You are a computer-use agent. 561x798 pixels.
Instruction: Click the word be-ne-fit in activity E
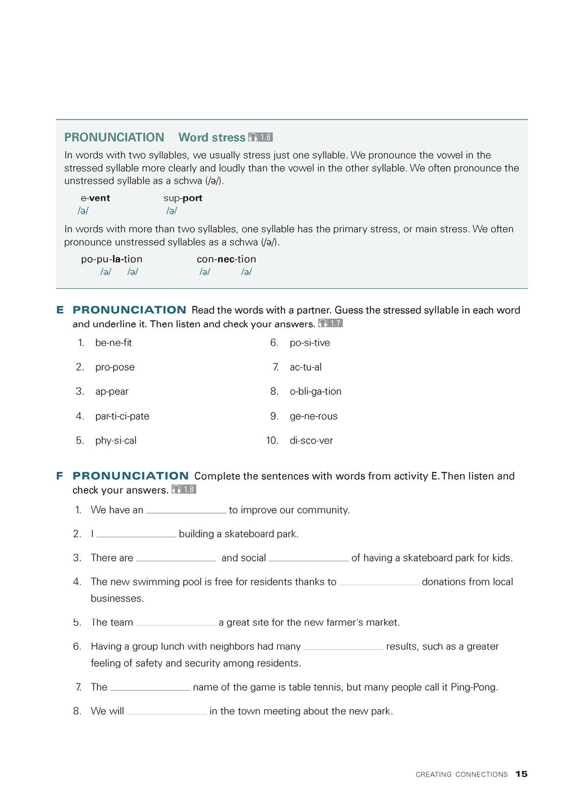(113, 343)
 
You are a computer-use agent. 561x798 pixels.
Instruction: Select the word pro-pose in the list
(115, 367)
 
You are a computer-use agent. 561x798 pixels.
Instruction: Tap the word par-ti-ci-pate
(122, 416)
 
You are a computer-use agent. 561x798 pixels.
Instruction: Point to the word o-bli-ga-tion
(316, 392)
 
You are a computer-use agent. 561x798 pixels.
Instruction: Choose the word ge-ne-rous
(314, 416)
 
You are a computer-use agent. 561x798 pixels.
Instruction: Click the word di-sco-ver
(311, 441)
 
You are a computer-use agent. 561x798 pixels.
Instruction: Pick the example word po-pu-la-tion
(111, 259)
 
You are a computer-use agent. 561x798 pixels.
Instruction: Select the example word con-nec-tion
(226, 259)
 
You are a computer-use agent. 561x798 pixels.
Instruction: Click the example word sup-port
(183, 198)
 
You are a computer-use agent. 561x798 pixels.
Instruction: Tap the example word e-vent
(95, 198)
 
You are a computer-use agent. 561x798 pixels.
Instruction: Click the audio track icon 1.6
(260, 137)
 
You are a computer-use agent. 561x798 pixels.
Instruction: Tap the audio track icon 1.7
(330, 323)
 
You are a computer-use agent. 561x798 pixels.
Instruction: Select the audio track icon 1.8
(184, 489)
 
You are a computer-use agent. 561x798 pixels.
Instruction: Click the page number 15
(522, 774)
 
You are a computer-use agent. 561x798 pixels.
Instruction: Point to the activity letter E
(60, 310)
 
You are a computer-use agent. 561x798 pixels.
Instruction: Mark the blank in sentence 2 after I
(136, 534)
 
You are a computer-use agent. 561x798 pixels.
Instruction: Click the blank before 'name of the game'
(150, 688)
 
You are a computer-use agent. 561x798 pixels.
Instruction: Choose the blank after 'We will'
(167, 712)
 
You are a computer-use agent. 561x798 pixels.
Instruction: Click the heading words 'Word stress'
(212, 137)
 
